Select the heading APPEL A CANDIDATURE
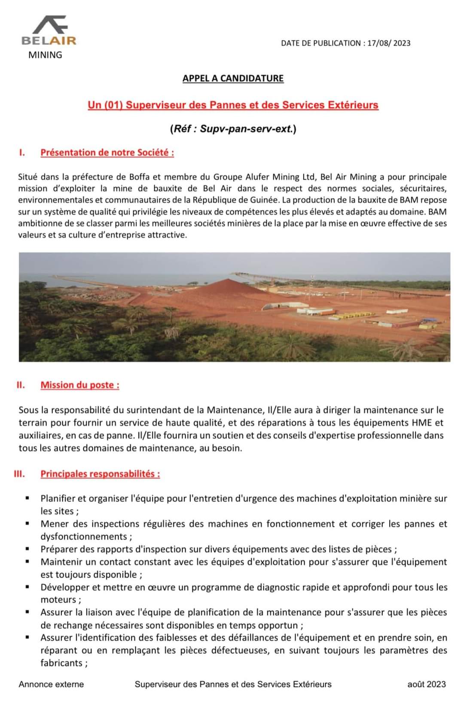233,78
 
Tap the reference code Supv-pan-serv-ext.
246,128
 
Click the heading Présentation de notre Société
107,152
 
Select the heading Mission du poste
80,385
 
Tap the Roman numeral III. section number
19,474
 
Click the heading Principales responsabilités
100,474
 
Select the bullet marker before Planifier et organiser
27,498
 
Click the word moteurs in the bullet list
58,600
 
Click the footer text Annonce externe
51,684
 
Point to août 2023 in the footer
426,684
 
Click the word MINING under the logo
45,55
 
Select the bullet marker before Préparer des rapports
27,549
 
